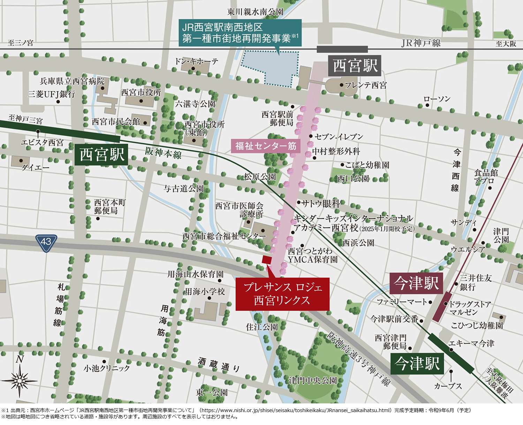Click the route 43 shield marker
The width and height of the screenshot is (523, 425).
click(x=46, y=243)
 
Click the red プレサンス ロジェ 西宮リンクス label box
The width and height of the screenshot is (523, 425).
click(x=282, y=294)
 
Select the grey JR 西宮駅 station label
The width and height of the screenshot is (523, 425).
click(x=355, y=66)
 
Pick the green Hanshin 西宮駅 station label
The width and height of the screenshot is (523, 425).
click(x=101, y=154)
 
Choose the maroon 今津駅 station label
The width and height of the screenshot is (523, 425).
click(x=416, y=283)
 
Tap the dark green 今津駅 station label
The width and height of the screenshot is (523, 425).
click(x=417, y=364)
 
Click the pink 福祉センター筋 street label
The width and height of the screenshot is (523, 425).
click(x=266, y=146)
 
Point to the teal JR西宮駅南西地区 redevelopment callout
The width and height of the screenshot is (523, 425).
click(x=240, y=33)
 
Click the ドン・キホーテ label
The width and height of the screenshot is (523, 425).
click(x=196, y=62)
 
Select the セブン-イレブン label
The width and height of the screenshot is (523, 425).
click(x=339, y=137)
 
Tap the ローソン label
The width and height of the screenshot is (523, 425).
click(x=437, y=99)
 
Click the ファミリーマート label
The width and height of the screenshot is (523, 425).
click(x=402, y=302)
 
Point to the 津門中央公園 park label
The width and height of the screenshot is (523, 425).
click(x=313, y=380)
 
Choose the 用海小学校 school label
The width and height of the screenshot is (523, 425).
click(x=205, y=291)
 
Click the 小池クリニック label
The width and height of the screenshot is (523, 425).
click(x=106, y=368)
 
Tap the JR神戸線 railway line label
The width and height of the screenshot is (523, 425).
click(x=421, y=43)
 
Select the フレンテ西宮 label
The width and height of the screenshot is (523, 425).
click(x=365, y=85)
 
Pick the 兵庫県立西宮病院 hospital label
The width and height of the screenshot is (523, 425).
click(x=72, y=81)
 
